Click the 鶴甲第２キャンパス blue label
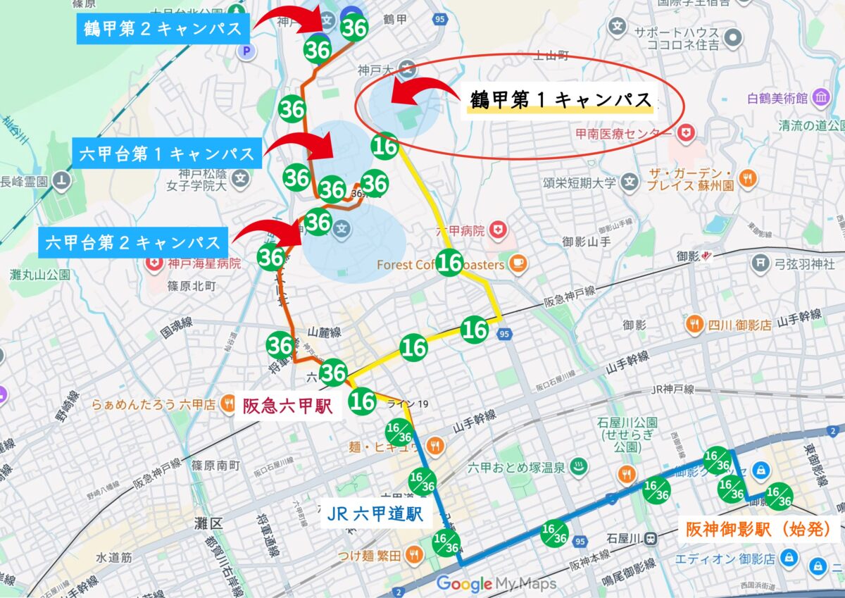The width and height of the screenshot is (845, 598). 161,29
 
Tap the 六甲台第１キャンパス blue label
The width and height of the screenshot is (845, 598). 166,154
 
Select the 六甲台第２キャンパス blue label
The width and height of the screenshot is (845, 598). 133,243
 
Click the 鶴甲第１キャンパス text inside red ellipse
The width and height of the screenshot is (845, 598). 561,101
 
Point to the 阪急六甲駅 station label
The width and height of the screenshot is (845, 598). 287,406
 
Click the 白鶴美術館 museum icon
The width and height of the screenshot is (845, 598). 821,99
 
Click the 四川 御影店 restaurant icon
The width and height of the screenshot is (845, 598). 694,325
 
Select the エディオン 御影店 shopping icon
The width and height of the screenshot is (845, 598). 789,558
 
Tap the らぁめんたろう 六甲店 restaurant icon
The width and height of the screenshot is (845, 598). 227,404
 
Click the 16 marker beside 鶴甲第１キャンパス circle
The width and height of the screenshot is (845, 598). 385,146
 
